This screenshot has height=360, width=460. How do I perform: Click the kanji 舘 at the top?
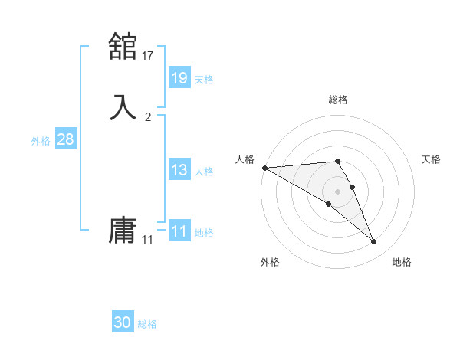click(x=123, y=46)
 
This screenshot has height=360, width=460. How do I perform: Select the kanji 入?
click(x=123, y=106)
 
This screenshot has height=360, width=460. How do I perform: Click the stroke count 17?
click(x=148, y=55)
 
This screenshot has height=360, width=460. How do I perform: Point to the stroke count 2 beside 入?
click(x=148, y=116)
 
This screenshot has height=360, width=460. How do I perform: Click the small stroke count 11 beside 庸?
click(x=148, y=240)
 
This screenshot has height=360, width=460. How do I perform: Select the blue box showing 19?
click(x=179, y=78)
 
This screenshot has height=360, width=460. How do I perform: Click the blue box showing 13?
click(x=179, y=170)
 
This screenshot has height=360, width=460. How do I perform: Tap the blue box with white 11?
click(x=179, y=231)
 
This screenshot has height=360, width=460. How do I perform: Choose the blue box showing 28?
click(x=65, y=139)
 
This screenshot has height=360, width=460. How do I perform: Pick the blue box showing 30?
click(x=123, y=322)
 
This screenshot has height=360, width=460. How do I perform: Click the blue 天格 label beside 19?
click(x=204, y=79)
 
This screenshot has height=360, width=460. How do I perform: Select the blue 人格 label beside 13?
click(x=204, y=172)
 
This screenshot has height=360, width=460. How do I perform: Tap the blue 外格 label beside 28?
click(x=41, y=141)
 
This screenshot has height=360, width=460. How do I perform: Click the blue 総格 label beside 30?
click(x=147, y=324)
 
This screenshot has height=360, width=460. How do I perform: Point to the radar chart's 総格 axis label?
click(x=337, y=100)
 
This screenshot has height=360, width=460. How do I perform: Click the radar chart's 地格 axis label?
click(x=402, y=262)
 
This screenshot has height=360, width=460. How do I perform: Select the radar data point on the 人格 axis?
click(x=264, y=167)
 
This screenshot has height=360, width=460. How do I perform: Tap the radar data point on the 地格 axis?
click(x=374, y=242)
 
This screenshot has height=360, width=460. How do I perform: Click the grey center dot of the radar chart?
click(x=337, y=191)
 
